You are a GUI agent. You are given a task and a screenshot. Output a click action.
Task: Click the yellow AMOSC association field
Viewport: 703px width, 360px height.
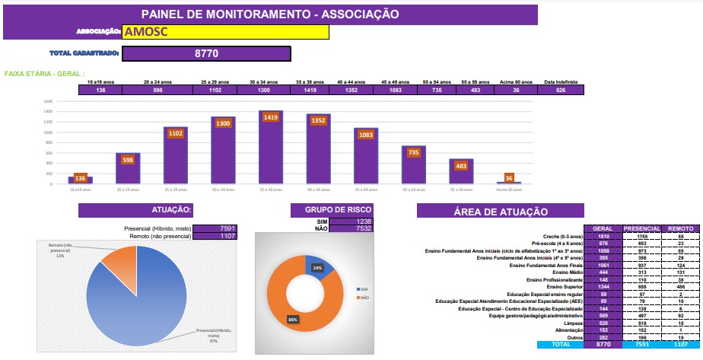point(225,32)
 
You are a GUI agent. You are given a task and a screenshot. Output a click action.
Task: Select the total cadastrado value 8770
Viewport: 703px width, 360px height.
point(206,53)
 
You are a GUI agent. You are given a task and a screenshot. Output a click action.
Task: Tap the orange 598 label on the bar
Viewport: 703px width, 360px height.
point(128,160)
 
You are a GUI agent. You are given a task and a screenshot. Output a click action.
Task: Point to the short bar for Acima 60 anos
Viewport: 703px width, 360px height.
point(509,183)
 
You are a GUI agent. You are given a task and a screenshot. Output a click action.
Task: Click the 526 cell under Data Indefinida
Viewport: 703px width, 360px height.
point(561,91)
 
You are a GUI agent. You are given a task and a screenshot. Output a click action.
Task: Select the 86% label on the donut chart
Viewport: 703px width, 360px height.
point(294,319)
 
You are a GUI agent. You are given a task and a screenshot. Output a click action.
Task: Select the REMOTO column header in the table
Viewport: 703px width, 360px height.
point(679,228)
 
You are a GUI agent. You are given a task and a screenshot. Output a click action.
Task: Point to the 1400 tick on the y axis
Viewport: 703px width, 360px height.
point(47,111)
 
